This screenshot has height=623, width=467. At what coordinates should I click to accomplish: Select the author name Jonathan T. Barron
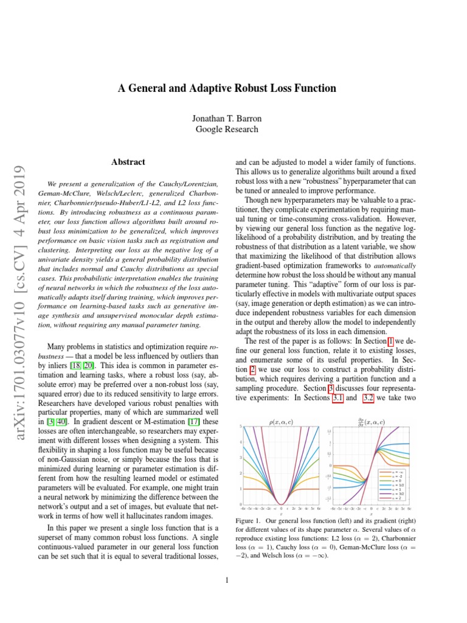tap(226, 118)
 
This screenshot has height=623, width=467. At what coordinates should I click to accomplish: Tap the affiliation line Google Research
tap(226, 129)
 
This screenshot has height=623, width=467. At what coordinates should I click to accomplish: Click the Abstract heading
tap(128, 162)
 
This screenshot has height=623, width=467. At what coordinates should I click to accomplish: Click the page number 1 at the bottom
tap(226, 580)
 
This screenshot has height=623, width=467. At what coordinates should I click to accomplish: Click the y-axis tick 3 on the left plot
tap(241, 458)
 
